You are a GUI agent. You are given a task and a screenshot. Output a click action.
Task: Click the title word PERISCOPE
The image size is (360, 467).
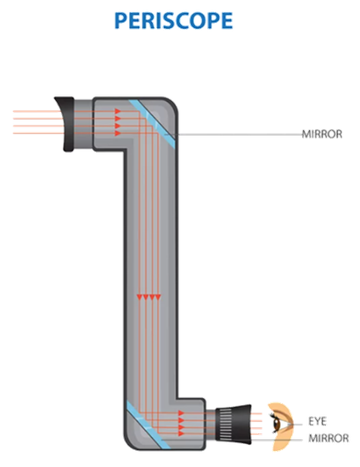pos(173,20)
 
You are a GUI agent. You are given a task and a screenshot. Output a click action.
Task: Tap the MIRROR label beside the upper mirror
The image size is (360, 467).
pos(322,134)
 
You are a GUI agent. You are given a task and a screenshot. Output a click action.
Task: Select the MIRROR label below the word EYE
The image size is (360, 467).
pos(329,438)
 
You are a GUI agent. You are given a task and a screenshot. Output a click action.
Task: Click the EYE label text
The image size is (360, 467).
pos(318,421)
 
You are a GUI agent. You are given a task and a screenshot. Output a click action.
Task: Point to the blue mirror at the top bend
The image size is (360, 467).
pos(152,124)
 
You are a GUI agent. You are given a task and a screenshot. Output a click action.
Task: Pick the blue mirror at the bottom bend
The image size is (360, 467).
pos(149,425)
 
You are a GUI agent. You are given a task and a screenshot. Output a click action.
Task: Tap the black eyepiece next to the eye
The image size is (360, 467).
pos(233,425)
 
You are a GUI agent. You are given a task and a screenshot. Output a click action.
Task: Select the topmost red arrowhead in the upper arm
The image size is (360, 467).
pos(118,111)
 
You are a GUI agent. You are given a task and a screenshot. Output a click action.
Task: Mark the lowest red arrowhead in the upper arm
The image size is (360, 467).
pos(118,133)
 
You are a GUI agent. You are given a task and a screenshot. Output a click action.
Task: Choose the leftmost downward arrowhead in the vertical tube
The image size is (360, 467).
pos(139,297)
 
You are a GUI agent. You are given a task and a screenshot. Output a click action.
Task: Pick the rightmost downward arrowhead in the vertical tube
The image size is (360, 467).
pos(158,297)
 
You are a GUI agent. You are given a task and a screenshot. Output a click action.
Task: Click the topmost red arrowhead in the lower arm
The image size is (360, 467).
pos(182,414)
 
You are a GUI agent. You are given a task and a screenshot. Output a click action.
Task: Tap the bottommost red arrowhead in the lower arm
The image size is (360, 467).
pos(182,433)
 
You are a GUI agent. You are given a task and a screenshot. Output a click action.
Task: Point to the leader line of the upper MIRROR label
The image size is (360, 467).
pos(234,135)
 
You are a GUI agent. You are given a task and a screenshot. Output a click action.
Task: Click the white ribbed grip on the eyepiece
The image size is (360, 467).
pos(226,425)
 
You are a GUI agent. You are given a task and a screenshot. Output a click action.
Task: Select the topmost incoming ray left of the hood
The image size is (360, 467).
pos(37,111)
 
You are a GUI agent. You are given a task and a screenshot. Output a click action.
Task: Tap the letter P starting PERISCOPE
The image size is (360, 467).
pos(121,21)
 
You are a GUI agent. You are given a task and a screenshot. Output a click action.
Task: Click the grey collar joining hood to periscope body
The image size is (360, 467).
pos(84,124)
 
